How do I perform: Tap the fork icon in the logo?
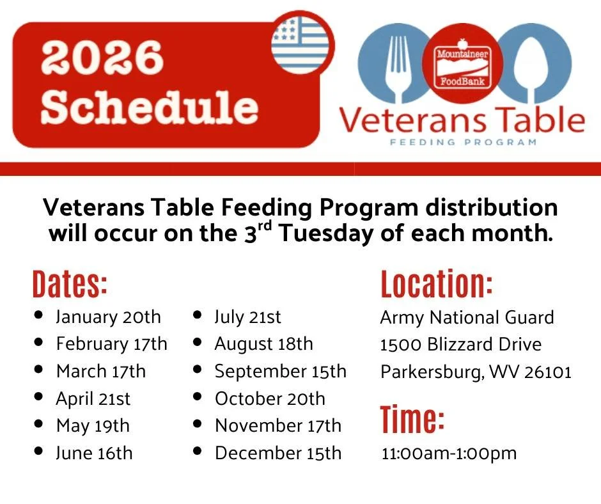pyautogui.click(x=396, y=64)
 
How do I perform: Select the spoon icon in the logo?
pyautogui.click(x=531, y=64)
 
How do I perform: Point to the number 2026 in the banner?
pyautogui.click(x=102, y=58)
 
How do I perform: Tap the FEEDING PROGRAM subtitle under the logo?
pyautogui.click(x=463, y=142)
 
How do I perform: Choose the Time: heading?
pyautogui.click(x=412, y=420)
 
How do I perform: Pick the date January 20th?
pyautogui.click(x=108, y=317)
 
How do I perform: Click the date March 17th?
pyautogui.click(x=100, y=372)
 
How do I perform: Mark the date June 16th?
pyautogui.click(x=94, y=453)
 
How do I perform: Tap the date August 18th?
pyautogui.click(x=263, y=344)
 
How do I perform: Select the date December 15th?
pyautogui.click(x=278, y=453)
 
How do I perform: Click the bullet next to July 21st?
pyautogui.click(x=198, y=316)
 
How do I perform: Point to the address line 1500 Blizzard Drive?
pyautogui.click(x=460, y=345)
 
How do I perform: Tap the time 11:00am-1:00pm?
pyautogui.click(x=449, y=454)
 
